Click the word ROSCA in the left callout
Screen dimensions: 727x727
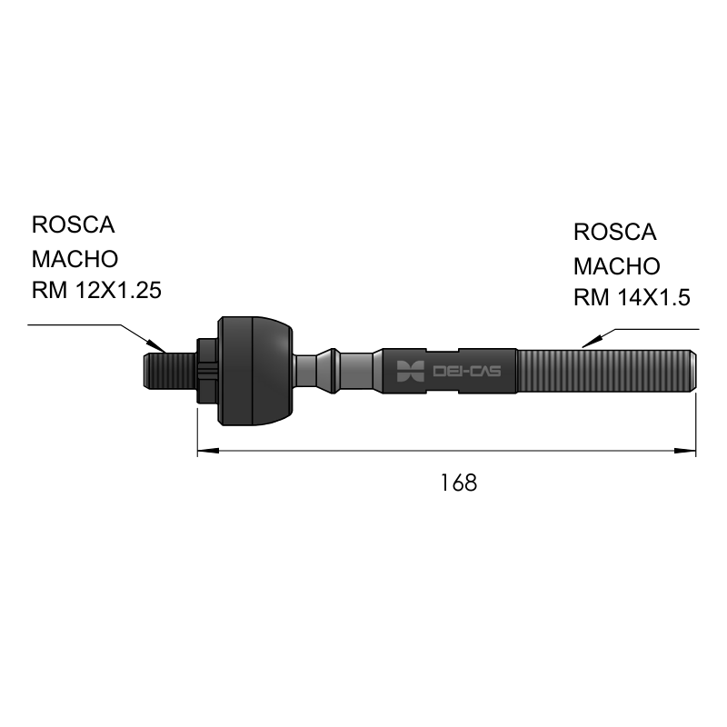pos(74,224)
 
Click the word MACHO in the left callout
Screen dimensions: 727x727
pos(75,259)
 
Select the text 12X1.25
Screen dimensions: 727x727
pos(118,291)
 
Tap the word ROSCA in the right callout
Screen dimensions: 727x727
pos(615,232)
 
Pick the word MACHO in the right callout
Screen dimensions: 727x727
pos(617,266)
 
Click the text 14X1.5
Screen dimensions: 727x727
pos(653,297)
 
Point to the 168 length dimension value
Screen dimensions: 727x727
pos(458,483)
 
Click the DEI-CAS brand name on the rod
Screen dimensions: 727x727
pos(466,371)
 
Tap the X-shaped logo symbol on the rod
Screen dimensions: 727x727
pos(411,371)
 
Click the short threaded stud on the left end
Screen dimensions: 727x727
pos(170,371)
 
